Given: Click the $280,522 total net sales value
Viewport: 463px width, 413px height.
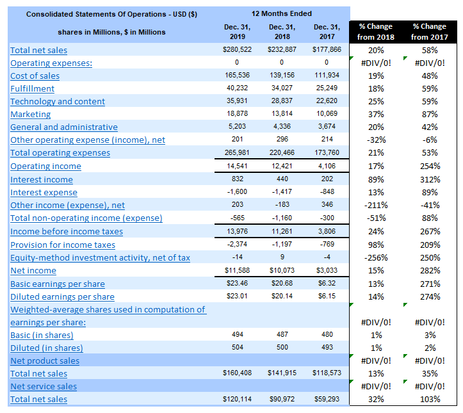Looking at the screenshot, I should (x=237, y=49).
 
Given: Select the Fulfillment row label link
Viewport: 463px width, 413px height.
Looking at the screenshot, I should (x=33, y=88).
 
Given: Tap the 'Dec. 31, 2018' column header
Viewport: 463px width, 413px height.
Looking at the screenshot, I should (x=281, y=31).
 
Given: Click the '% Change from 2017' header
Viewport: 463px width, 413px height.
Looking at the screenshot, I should (x=429, y=31).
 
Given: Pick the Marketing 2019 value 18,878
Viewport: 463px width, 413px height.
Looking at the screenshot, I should (x=237, y=114).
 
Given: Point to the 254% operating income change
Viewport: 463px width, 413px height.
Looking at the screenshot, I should (x=430, y=166).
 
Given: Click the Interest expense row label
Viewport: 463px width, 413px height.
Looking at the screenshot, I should (x=44, y=192).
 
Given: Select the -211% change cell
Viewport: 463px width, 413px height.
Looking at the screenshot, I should (x=376, y=205).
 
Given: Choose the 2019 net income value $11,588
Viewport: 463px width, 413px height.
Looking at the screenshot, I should (x=237, y=270).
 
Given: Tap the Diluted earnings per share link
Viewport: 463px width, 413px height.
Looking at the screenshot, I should (x=62, y=296).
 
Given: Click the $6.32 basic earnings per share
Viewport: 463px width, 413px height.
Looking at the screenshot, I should (x=326, y=283).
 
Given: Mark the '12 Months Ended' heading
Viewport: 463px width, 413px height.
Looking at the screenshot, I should (x=281, y=13).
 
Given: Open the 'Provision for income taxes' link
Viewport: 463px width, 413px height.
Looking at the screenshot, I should (x=63, y=245).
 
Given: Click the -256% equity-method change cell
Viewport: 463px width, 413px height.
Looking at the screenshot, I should (x=376, y=257).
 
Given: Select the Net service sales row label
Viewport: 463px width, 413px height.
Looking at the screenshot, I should (x=44, y=386).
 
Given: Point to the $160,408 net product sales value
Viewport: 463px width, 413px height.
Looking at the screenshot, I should (x=237, y=373).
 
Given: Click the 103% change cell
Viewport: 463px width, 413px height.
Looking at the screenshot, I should (x=430, y=399).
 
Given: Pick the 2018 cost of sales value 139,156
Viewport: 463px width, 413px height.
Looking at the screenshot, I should (x=281, y=75).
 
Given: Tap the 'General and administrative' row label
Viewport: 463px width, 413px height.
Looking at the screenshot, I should (x=64, y=127).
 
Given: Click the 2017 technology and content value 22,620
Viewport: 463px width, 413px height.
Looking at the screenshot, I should (x=326, y=101).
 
